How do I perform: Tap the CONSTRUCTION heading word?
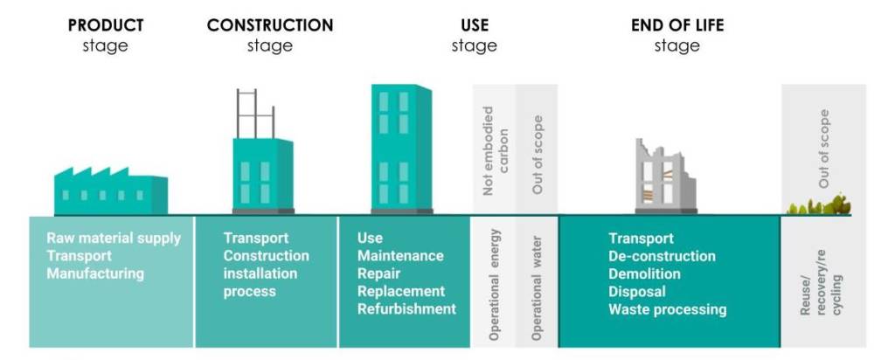click(x=270, y=25)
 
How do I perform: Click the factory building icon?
click(x=111, y=190)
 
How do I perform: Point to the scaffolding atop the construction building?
click(x=256, y=114)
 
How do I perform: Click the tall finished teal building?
click(x=401, y=149)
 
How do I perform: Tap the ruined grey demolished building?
click(x=666, y=177)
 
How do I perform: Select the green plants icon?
click(x=818, y=205)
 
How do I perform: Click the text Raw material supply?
click(x=114, y=239)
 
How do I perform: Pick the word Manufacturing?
click(x=95, y=273)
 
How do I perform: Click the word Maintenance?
click(x=400, y=256)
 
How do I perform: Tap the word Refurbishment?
click(x=407, y=309)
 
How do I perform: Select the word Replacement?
click(x=401, y=292)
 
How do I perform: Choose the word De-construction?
click(x=662, y=256)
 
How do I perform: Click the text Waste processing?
click(x=667, y=310)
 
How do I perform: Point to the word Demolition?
click(x=644, y=273)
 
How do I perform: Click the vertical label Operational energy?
click(x=495, y=285)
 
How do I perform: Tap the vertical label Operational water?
click(x=536, y=288)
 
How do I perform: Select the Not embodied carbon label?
click(x=496, y=150)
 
